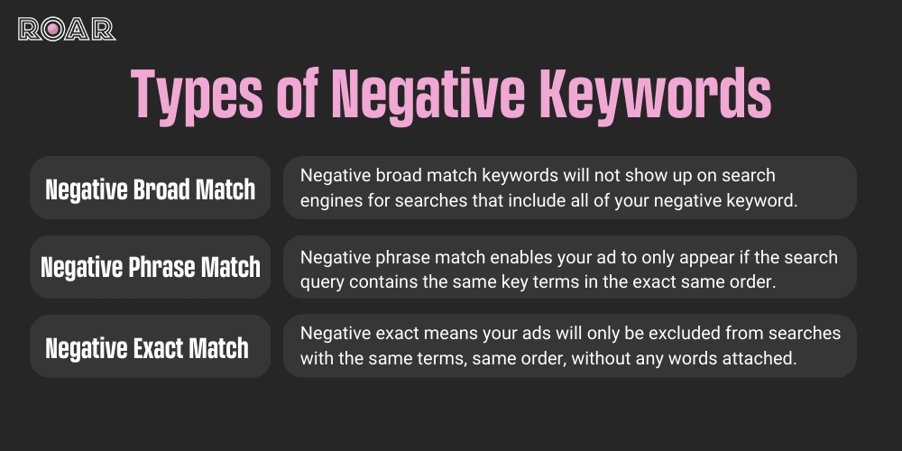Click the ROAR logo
tap(67, 29)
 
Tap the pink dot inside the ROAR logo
tap(53, 29)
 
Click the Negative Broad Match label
tap(151, 189)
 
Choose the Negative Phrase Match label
tap(151, 268)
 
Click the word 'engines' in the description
tap(329, 200)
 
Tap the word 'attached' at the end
tap(765, 359)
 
